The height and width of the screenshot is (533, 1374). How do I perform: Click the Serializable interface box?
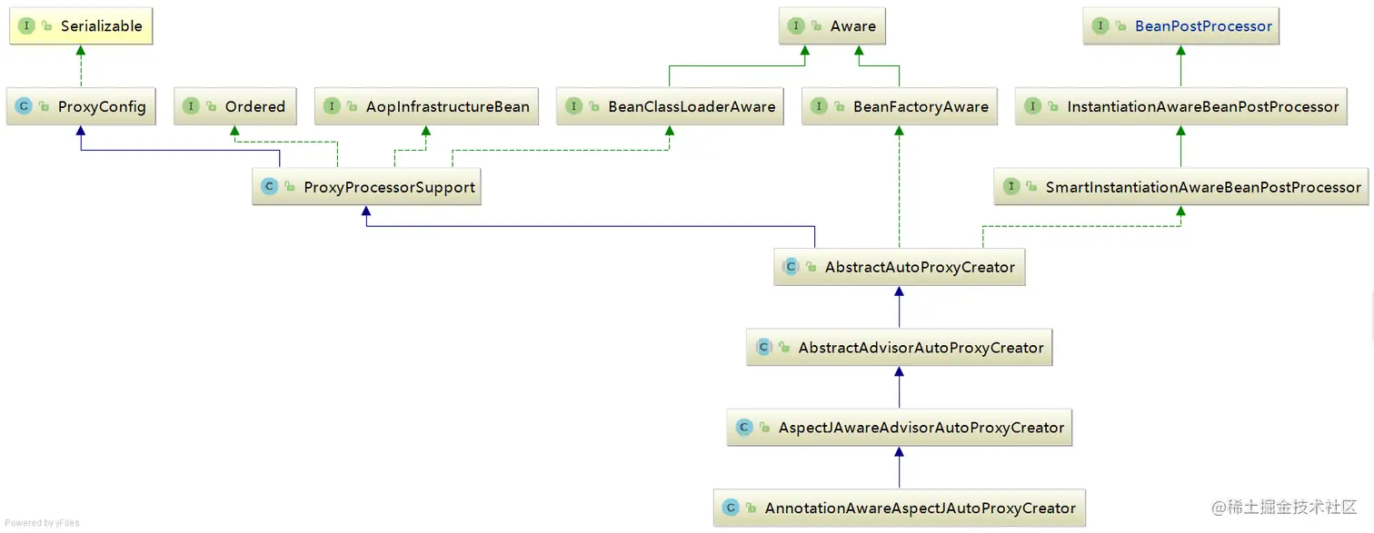(x=80, y=26)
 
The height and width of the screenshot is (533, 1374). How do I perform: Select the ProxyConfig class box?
(x=80, y=107)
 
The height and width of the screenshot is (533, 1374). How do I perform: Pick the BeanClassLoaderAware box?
(x=670, y=107)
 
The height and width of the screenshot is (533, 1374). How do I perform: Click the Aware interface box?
(x=831, y=26)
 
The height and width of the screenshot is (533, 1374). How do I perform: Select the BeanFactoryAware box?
(x=899, y=107)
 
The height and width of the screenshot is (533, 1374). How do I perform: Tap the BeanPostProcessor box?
(x=1180, y=26)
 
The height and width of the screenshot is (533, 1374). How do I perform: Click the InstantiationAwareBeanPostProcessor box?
(x=1180, y=107)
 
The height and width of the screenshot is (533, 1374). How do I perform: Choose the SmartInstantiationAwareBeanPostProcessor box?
(x=1180, y=187)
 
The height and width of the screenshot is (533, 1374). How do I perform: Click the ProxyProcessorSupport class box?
(x=366, y=187)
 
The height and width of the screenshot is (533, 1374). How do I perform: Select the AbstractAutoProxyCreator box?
(x=899, y=268)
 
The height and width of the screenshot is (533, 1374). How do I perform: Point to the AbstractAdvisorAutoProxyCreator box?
(x=899, y=348)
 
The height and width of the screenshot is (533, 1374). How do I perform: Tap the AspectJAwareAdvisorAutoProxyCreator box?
(x=899, y=428)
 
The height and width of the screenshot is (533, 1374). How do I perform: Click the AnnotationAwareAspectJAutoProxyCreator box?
(x=899, y=508)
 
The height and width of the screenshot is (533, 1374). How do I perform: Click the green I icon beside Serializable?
(x=26, y=26)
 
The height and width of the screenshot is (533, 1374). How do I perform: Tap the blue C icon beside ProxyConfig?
(x=24, y=107)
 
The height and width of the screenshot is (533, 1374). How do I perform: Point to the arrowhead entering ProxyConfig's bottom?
(x=80, y=132)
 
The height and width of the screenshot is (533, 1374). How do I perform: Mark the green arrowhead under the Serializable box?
(x=80, y=52)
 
